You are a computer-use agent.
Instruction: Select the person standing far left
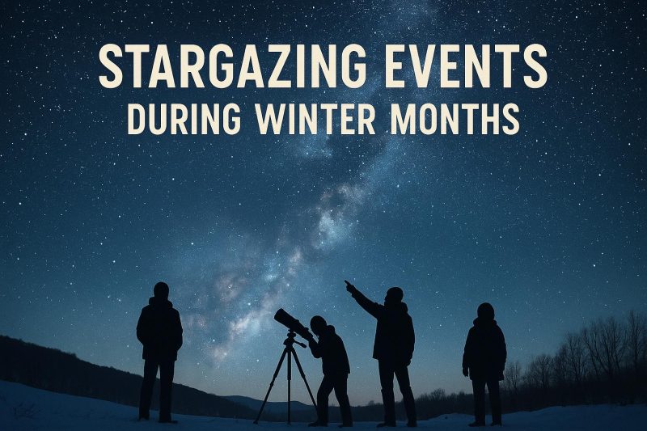(x=159, y=348)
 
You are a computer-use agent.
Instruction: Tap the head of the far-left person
(x=161, y=290)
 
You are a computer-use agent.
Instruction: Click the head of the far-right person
(x=485, y=311)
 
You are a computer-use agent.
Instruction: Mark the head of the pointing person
(x=394, y=295)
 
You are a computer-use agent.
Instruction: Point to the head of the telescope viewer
(x=319, y=325)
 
